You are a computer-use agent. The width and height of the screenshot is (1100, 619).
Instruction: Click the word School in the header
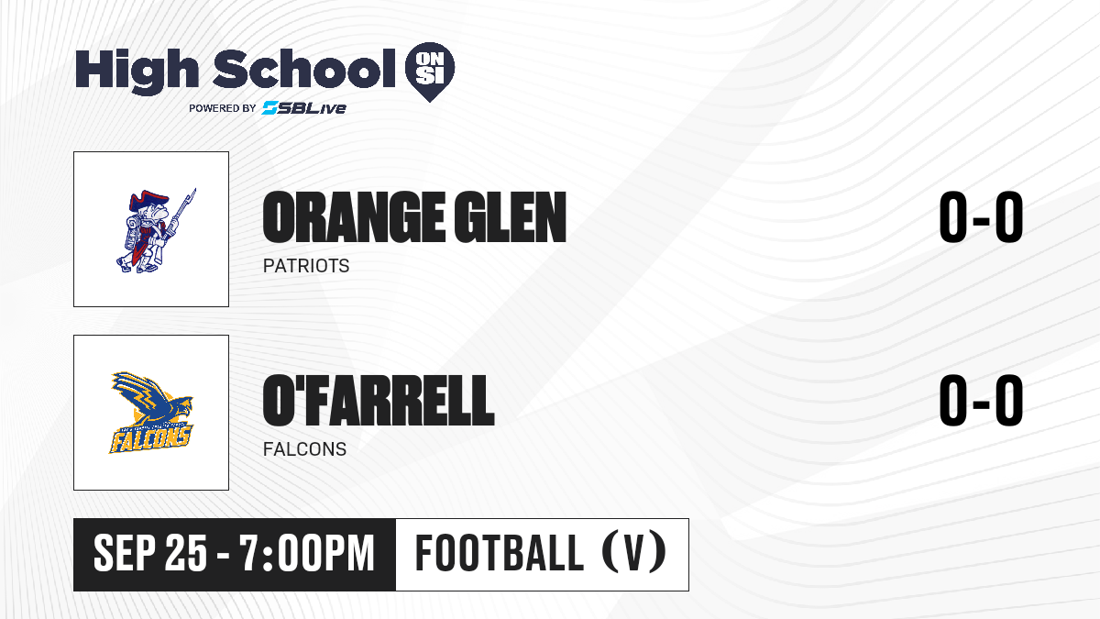coord(304,69)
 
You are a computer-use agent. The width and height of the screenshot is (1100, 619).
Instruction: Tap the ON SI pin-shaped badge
coord(430,72)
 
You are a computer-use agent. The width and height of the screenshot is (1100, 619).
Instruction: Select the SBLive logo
coord(304,108)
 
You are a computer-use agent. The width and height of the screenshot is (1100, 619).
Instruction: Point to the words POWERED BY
coord(223,108)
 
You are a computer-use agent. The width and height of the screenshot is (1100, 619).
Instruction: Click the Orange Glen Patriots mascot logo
coord(156,230)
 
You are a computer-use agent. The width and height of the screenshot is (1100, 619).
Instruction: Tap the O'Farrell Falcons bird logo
coord(151,412)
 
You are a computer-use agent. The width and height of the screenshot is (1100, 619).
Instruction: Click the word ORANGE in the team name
coord(353,217)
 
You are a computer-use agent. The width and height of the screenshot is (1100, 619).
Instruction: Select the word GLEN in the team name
coord(511,217)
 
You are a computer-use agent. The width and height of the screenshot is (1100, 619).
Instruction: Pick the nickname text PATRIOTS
coord(306,266)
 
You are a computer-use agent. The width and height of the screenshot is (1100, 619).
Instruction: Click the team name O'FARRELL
coord(379,401)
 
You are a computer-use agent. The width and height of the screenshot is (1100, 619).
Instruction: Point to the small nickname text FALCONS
coord(304,449)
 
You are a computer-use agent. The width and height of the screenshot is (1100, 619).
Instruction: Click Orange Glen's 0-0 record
coord(981,217)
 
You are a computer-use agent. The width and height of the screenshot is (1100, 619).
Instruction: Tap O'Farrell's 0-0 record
coord(981,401)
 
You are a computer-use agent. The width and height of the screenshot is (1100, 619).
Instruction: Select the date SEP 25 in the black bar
coord(150,553)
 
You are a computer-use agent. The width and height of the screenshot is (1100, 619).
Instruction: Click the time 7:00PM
coord(307,553)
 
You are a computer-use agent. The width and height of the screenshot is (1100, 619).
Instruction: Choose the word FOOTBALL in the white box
coord(500,552)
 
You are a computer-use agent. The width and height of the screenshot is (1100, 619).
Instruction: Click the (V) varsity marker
coord(634,552)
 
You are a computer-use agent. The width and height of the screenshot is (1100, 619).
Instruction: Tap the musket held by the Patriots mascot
coord(180,218)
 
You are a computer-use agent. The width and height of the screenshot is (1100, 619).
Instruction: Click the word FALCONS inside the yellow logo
coord(149,438)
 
